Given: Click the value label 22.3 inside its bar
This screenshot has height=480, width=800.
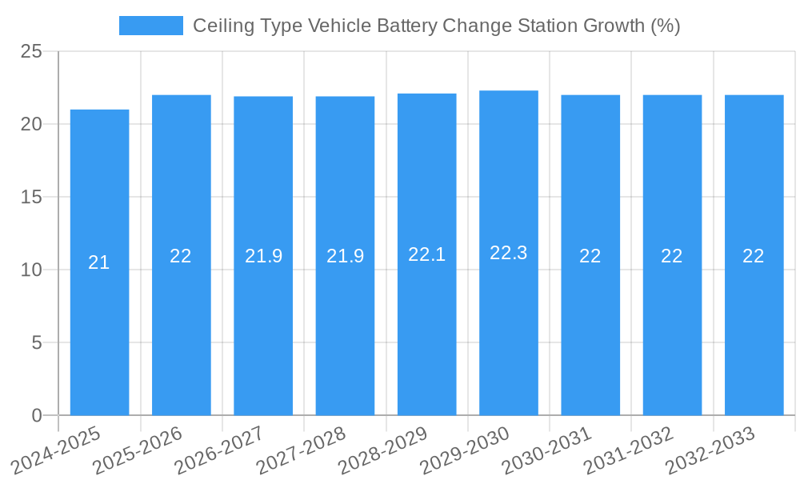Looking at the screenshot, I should (x=508, y=253).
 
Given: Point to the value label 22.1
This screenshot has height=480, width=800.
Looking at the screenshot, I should (x=426, y=254).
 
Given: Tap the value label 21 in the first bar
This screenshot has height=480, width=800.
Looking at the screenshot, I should (x=99, y=262).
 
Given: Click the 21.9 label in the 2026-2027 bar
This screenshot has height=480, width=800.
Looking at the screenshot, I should (x=263, y=256).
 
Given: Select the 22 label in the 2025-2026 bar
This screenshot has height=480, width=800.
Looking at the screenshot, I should (x=181, y=256).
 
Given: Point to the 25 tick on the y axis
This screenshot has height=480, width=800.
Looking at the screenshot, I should (x=31, y=52).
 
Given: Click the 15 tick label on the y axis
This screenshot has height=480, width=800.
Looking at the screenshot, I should (x=31, y=198).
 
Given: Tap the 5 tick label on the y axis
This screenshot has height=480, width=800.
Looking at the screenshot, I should (x=37, y=343).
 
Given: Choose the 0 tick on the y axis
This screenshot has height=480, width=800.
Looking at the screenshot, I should (x=37, y=416).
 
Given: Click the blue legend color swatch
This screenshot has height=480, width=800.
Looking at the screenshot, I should (x=150, y=26).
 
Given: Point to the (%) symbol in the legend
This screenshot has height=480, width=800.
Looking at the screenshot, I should (x=665, y=26).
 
